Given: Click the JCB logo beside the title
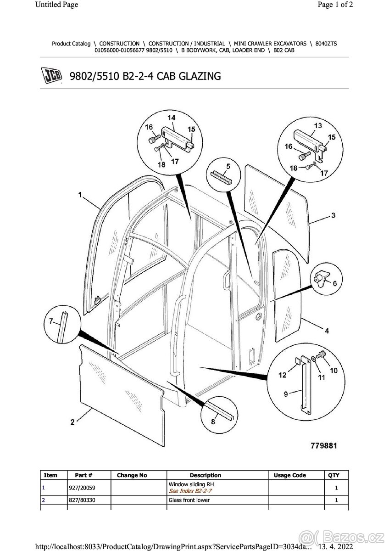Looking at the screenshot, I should coord(51,76).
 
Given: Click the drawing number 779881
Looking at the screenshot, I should coord(324,446).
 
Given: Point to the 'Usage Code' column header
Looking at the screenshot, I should coord(289,475).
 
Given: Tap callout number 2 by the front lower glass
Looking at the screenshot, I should coord(72,422).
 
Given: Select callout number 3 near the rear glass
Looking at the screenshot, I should coord(333,215).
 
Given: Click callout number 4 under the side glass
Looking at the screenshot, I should coord(326,331).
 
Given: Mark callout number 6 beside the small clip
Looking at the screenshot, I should coord(334,284).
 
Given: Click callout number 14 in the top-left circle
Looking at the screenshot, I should coord(171,118).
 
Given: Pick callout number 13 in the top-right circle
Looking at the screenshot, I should coord(317,125).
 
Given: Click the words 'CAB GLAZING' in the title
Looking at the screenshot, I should coord(189,76).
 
